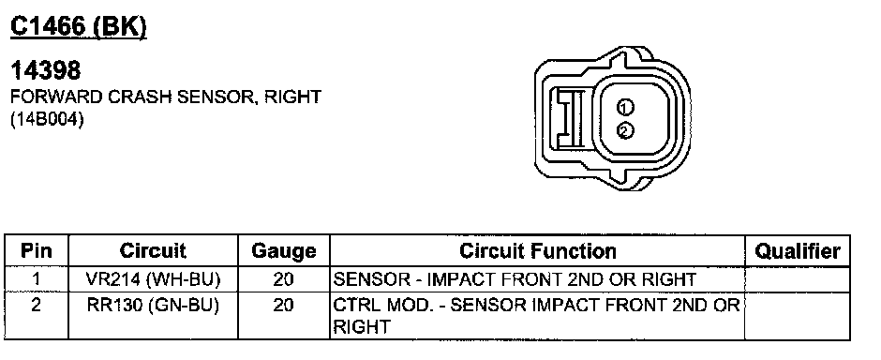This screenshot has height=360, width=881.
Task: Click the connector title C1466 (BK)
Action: (79, 27)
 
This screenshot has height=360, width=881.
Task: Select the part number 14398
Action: (46, 70)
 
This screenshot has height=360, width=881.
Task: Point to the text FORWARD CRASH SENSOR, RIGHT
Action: (166, 97)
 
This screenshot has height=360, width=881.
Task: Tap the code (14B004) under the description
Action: (47, 121)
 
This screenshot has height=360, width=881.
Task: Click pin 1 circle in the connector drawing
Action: (625, 107)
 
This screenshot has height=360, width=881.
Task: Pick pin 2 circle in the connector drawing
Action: (625, 131)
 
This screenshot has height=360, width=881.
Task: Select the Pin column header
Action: (36, 250)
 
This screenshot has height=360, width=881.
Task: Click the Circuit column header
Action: (153, 250)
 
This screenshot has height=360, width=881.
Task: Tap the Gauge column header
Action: (284, 251)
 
